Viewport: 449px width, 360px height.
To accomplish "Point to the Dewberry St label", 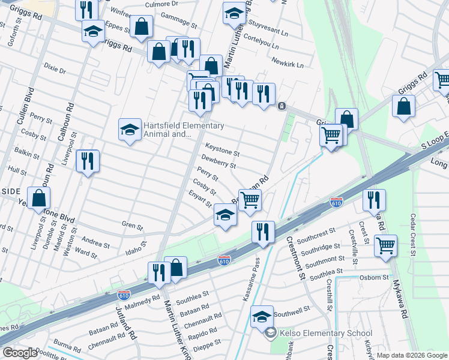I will click(x=218, y=161).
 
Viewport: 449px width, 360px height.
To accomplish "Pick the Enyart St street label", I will click(x=200, y=200).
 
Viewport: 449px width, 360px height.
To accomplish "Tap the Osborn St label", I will click(x=375, y=277).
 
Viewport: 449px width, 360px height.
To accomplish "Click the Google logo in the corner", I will click(x=20, y=353).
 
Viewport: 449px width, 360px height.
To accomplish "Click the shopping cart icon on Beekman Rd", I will click(x=250, y=200).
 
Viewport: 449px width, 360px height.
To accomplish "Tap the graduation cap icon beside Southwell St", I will click(x=262, y=316).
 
